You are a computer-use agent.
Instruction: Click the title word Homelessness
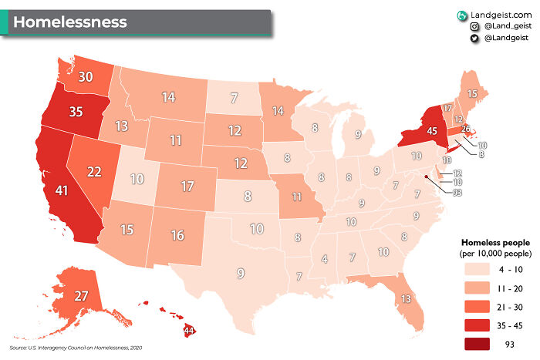[69, 22]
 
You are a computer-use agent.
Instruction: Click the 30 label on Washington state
[86, 76]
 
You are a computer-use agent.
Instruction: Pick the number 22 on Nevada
[94, 171]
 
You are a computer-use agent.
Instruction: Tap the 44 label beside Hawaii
[187, 331]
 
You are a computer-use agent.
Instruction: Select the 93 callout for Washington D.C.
[457, 192]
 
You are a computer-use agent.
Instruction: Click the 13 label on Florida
[405, 298]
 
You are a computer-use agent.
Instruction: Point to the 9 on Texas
[241, 273]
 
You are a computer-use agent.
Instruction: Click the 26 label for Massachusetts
[465, 129]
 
